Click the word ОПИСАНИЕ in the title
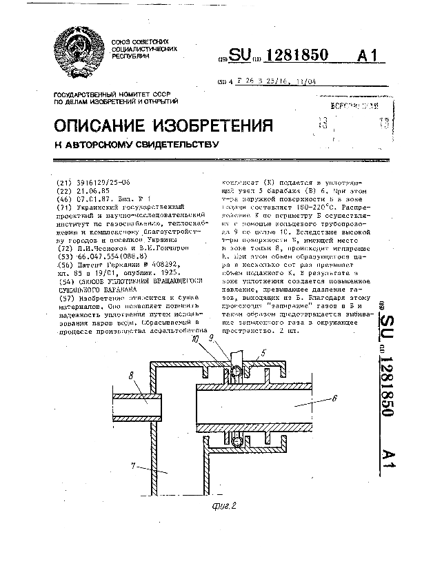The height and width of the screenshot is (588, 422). tap(101, 126)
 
